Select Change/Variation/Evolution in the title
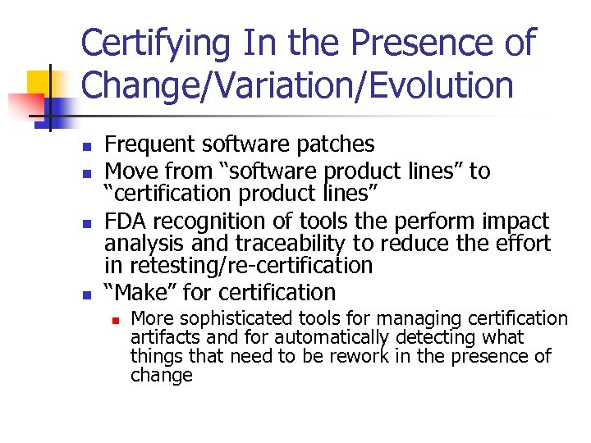pos(296,84)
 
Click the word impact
pos(516,221)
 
